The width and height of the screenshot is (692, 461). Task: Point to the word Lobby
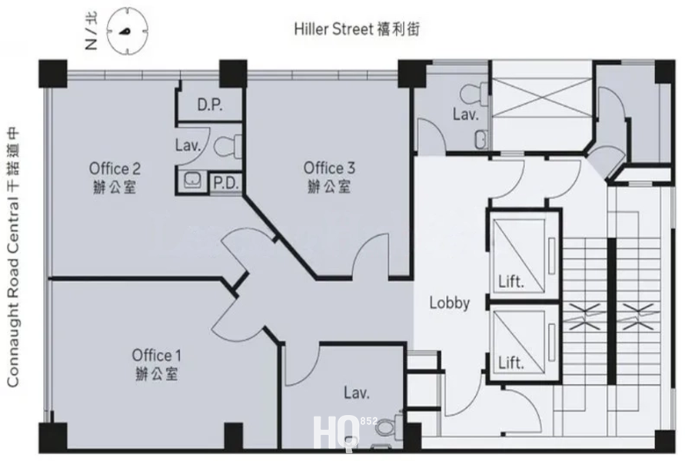[449, 303]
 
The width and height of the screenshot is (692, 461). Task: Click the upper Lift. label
[511, 281]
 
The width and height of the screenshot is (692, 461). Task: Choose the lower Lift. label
[511, 362]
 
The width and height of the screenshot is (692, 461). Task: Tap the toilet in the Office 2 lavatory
[228, 144]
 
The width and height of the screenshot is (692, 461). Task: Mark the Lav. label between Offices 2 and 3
[188, 144]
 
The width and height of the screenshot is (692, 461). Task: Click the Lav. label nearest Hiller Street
[465, 115]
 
